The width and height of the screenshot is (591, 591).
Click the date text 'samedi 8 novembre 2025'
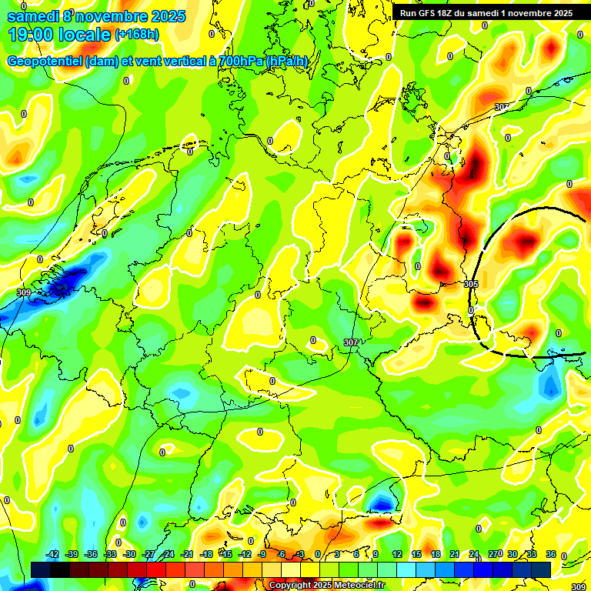pyautogui.click(x=96, y=16)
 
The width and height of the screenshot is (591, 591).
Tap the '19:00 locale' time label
pyautogui.click(x=59, y=35)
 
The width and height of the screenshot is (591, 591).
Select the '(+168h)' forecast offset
pyautogui.click(x=137, y=35)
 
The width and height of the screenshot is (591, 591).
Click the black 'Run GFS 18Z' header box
pyautogui.click(x=486, y=12)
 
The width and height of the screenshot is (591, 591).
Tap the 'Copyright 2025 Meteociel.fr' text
pyautogui.click(x=326, y=586)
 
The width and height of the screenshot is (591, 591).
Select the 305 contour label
pyautogui.click(x=472, y=284)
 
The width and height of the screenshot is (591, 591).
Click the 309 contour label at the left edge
pyautogui.click(x=23, y=293)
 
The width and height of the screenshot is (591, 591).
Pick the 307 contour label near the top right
pyautogui.click(x=502, y=107)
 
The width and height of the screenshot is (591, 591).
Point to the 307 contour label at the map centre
pyautogui.click(x=350, y=342)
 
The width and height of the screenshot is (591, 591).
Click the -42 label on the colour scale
pyautogui.click(x=52, y=554)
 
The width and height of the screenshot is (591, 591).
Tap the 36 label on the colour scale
pyautogui.click(x=551, y=554)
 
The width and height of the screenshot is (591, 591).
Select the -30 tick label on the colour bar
pyautogui.click(x=129, y=554)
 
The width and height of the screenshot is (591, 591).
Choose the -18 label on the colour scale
pyautogui.click(x=206, y=554)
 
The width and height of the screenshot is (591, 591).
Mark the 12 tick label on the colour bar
pyautogui.click(x=397, y=554)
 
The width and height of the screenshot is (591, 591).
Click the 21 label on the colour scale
pyautogui.click(x=455, y=554)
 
